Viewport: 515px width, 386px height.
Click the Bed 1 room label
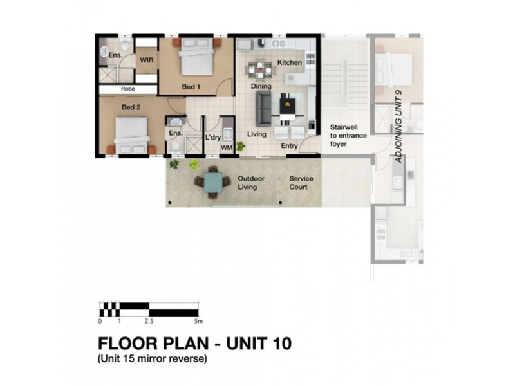[191, 87]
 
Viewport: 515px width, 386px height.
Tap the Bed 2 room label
[131, 107]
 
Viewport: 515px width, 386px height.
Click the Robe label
[127, 89]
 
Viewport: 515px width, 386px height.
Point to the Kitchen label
[290, 63]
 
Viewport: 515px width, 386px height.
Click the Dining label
[261, 86]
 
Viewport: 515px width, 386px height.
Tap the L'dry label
[213, 138]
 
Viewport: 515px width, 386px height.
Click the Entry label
[290, 146]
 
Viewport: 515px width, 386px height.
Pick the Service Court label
[301, 183]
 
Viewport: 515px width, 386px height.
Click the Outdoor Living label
[247, 183]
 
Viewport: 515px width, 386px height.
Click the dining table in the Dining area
[261, 69]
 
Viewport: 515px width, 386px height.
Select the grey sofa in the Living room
[263, 109]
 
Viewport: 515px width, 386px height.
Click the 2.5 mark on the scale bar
[149, 320]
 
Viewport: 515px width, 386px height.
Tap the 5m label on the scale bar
[198, 320]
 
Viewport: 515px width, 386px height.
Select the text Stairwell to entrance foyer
[348, 136]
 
